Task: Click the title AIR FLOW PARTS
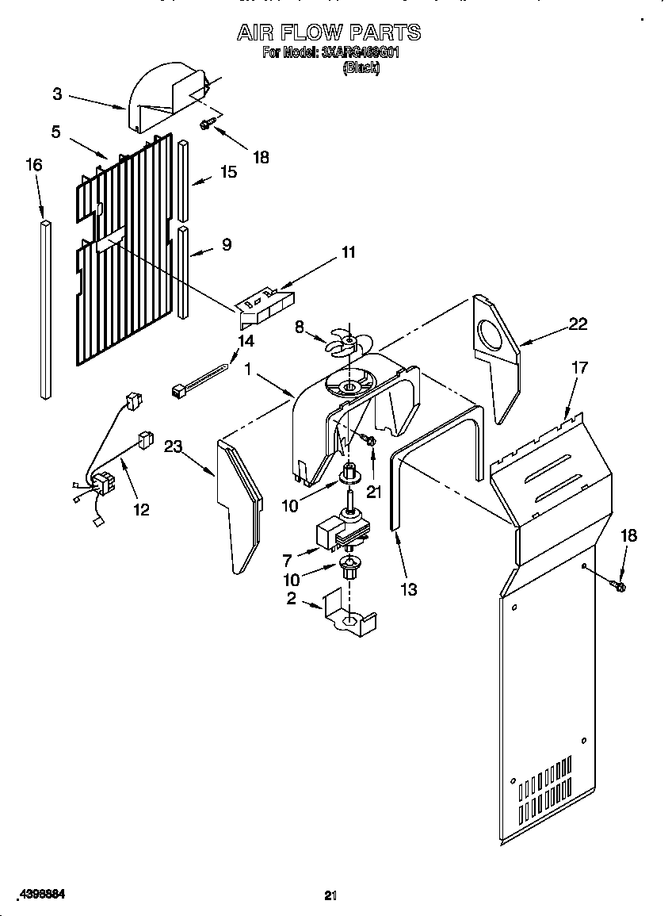329,33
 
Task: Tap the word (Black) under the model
361,68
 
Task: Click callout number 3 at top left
57,94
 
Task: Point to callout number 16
33,164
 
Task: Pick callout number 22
578,323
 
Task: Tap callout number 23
173,447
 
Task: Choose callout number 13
409,589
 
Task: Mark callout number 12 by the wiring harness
140,509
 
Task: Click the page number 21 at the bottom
330,895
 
